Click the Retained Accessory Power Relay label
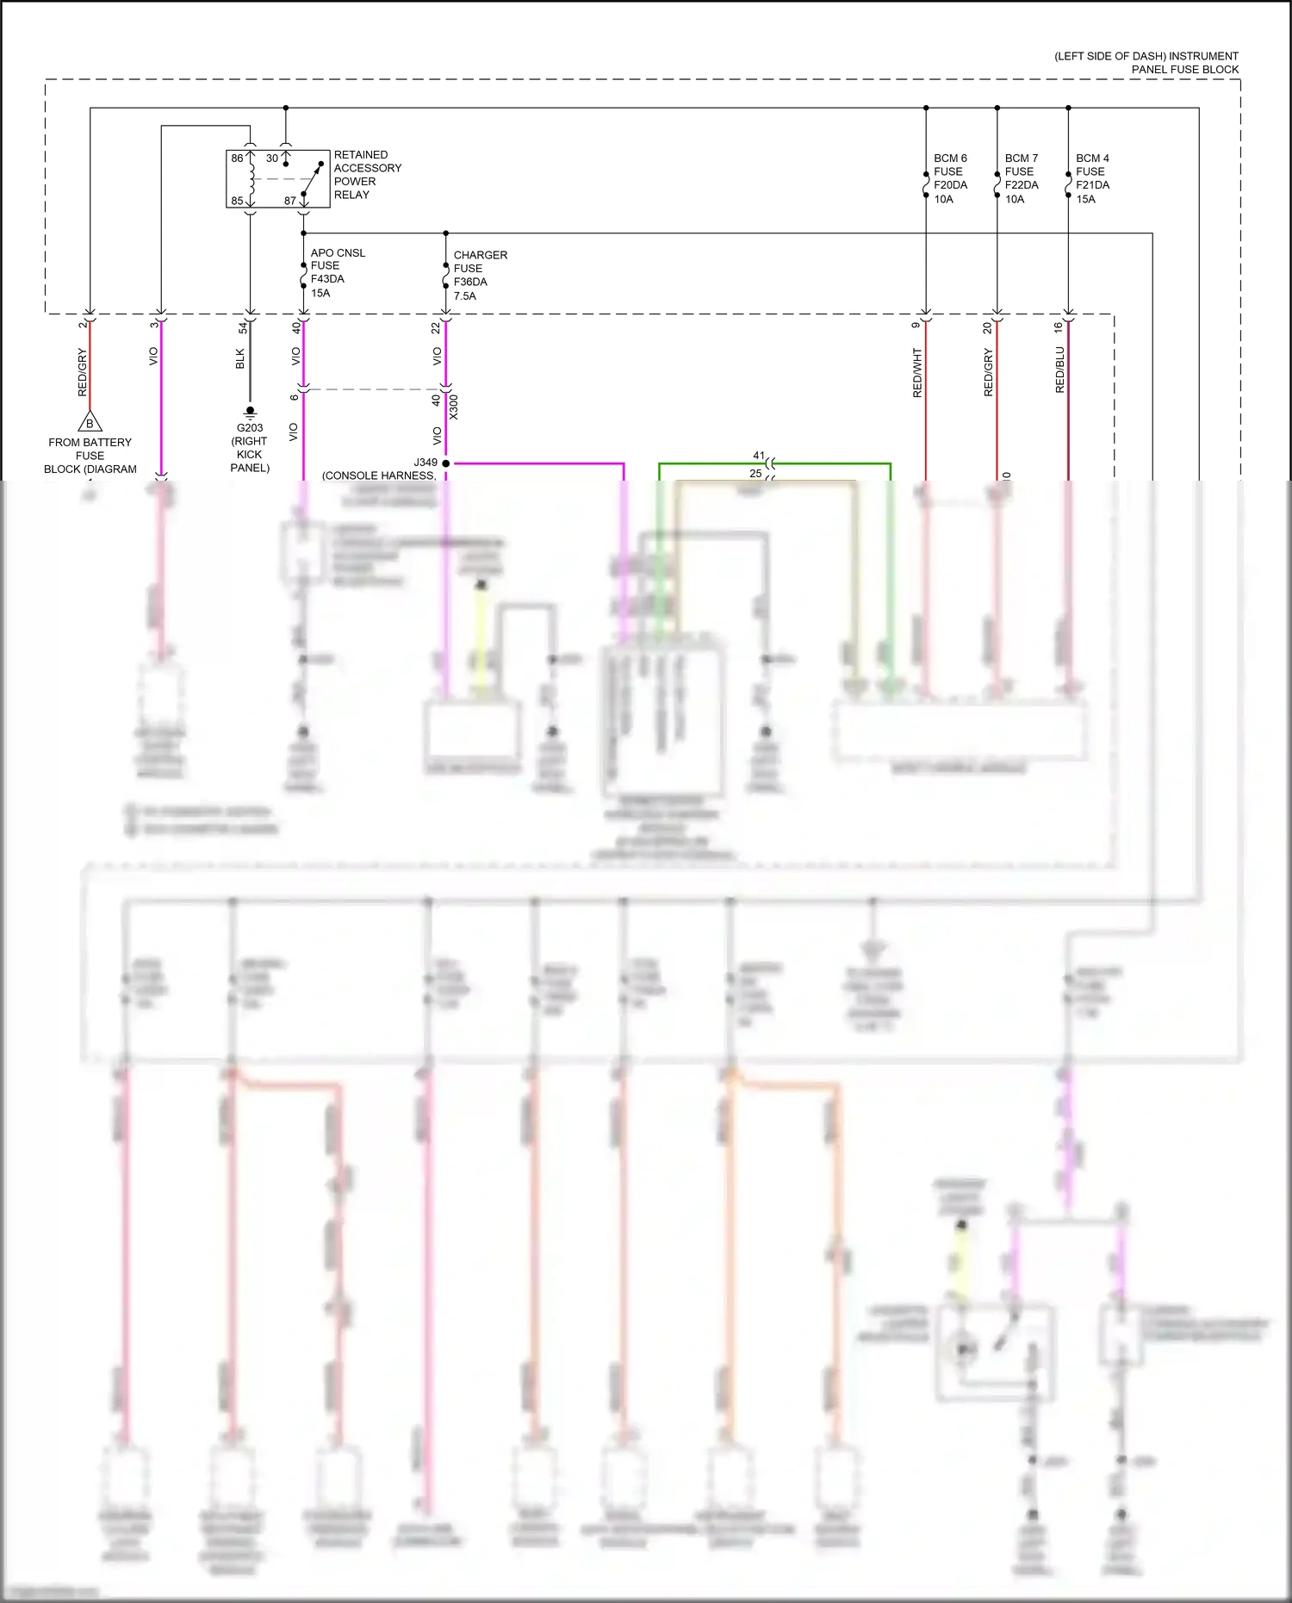[367, 175]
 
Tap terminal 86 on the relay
[237, 158]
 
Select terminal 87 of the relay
[290, 201]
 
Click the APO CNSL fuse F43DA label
[337, 272]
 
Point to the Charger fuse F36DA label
[480, 275]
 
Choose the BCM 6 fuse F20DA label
[950, 178]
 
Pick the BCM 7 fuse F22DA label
[1022, 178]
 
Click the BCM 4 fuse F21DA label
[1092, 178]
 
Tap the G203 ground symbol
[250, 412]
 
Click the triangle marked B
[90, 423]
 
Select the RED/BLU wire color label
[1059, 370]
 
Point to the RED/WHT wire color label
[917, 372]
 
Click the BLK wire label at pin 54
[240, 358]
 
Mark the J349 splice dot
[445, 463]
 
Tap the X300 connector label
[454, 407]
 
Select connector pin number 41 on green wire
[758, 456]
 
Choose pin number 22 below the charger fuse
[436, 327]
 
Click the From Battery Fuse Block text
[90, 455]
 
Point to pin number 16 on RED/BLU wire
[1058, 327]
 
